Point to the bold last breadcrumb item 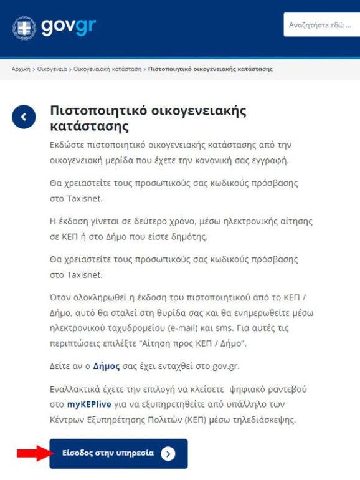(210, 69)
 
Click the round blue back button (24, 117)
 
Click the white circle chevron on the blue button (168, 454)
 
